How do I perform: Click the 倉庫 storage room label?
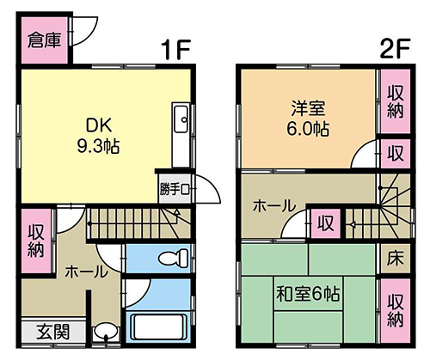tap(45, 40)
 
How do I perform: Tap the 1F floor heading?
tap(175, 49)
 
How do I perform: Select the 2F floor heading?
tap(395, 48)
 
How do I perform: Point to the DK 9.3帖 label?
tap(98, 136)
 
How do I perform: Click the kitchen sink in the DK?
tap(181, 119)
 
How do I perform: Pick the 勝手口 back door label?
tap(175, 189)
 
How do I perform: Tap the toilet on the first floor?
tap(174, 258)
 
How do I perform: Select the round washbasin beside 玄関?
tap(106, 332)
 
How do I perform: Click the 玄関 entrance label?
tap(53, 332)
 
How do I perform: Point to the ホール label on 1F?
tap(86, 272)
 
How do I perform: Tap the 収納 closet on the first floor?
tap(36, 241)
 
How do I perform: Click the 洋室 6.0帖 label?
tap(308, 119)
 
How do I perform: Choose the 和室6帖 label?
tap(308, 294)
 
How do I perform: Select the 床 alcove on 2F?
tap(395, 259)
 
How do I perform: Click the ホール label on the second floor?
tap(273, 206)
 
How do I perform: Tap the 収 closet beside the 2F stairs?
tap(326, 223)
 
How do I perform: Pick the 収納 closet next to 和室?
tap(396, 311)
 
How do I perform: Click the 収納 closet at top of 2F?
tap(396, 101)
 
